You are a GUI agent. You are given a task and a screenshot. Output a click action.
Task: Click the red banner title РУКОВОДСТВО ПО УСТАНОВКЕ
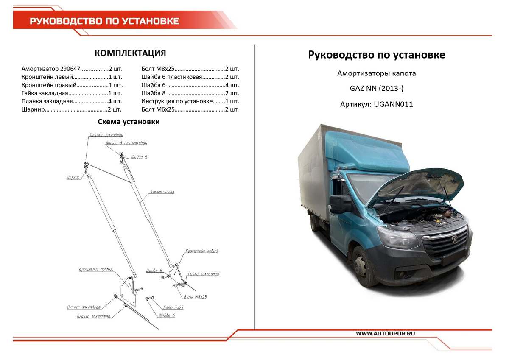[x=104, y=21]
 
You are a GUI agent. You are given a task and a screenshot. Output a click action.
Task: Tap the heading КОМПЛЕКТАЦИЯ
[x=130, y=53]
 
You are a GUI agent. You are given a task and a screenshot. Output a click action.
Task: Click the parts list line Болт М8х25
[x=190, y=68]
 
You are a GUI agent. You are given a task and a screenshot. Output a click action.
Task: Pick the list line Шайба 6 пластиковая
[x=190, y=77]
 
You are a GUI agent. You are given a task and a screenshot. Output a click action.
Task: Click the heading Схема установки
[x=129, y=122]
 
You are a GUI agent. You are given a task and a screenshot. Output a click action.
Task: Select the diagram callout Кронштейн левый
[x=201, y=251]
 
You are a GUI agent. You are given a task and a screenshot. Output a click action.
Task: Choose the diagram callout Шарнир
[x=73, y=178]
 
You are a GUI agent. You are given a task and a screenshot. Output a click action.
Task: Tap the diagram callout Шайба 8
[x=154, y=270]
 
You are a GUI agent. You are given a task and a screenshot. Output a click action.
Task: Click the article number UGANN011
[x=393, y=104]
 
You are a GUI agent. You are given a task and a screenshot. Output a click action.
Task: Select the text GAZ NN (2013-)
[x=376, y=89]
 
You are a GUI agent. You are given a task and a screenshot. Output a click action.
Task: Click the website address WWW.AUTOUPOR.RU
[x=385, y=334]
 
